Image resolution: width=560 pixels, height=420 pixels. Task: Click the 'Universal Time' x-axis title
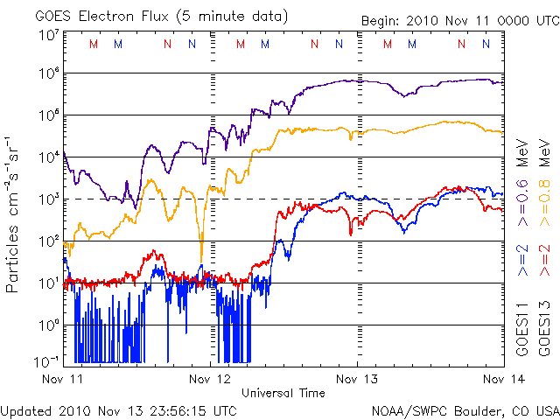[283, 393]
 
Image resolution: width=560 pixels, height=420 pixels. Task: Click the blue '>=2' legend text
[522, 261]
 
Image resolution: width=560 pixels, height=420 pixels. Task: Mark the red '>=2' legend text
[544, 261]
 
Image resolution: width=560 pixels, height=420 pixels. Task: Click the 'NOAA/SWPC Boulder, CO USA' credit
[465, 410]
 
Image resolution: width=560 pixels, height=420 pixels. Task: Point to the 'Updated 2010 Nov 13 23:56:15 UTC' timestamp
[118, 410]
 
